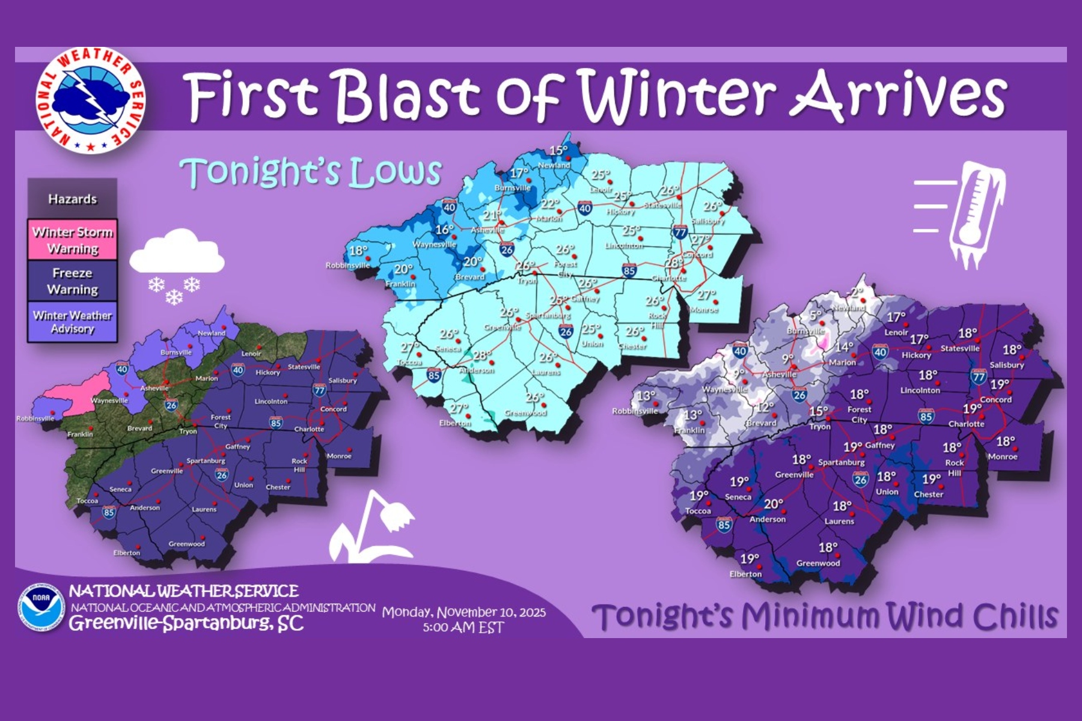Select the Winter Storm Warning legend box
(72, 240)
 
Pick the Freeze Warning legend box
(72, 281)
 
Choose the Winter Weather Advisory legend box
(72, 322)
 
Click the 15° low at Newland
(558, 151)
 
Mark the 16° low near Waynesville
(445, 230)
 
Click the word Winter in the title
(676, 95)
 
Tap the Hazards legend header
(72, 199)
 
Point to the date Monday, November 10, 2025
(464, 612)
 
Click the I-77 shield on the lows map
(680, 232)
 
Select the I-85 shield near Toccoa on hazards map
(109, 512)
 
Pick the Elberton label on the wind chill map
(745, 574)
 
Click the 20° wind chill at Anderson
(773, 504)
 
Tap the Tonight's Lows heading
(311, 172)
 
